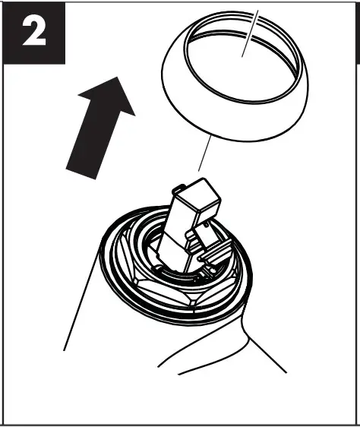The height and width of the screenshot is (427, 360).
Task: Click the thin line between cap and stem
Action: (x=204, y=156)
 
